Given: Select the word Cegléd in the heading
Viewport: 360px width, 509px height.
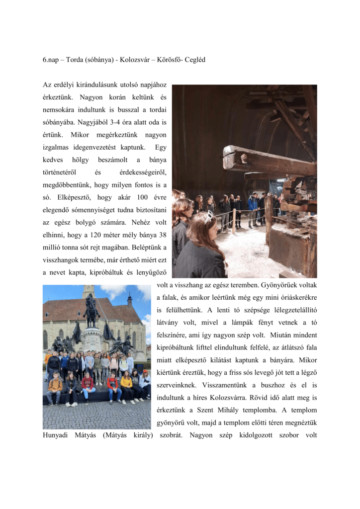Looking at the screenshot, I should tap(194, 60).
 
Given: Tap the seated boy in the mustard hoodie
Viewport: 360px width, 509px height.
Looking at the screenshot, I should tap(55, 387).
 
